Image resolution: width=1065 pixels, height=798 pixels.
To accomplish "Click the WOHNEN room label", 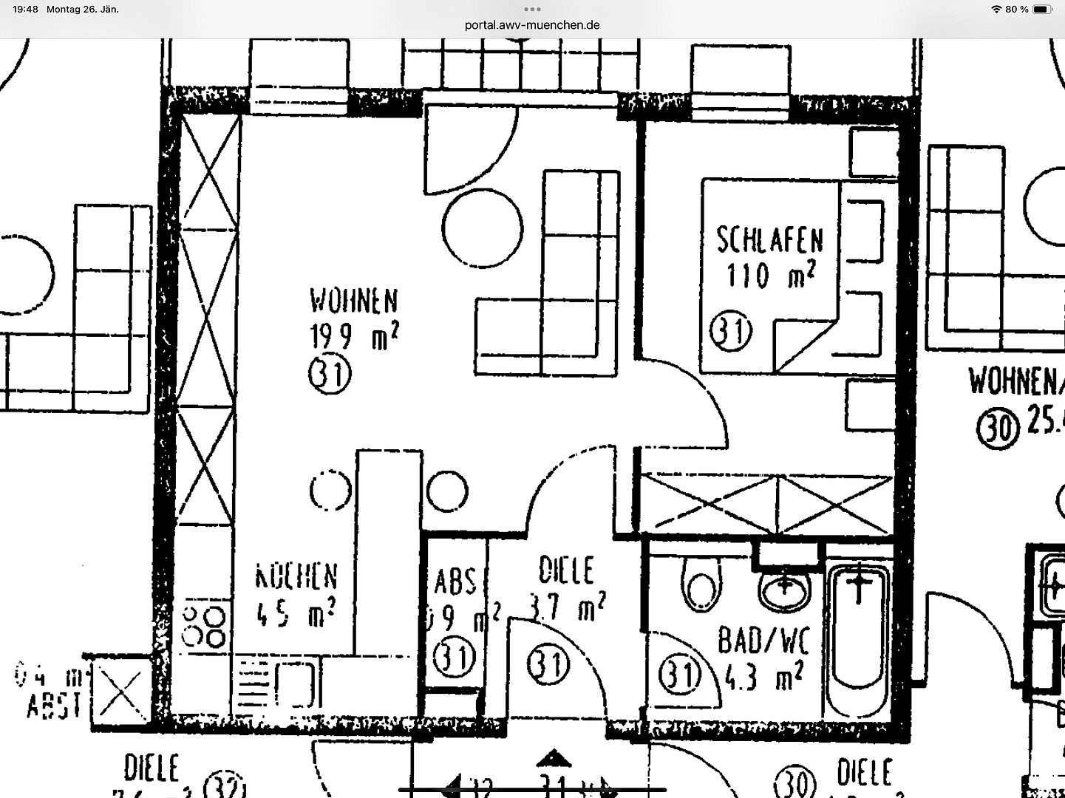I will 353,301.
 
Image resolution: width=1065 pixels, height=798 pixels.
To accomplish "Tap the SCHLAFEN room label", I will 769,240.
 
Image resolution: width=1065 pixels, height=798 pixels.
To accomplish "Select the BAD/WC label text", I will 763,640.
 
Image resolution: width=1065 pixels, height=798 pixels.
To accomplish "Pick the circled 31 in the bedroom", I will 730,332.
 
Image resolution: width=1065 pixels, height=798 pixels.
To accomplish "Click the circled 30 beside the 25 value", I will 998,427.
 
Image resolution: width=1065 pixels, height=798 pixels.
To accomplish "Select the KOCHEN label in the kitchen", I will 296,576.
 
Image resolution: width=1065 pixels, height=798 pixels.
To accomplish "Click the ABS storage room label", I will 455,582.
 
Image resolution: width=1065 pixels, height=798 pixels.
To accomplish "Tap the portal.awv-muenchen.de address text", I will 532,25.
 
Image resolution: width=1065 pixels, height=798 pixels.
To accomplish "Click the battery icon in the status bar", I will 1042,10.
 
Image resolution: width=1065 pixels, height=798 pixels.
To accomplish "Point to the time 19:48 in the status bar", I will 25,10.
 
